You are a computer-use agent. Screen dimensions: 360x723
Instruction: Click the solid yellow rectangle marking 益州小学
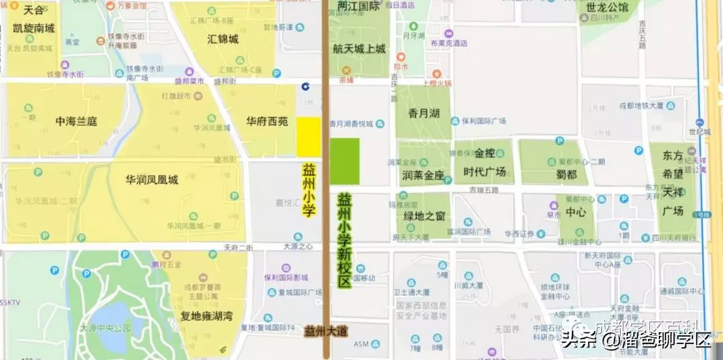tap(309, 137)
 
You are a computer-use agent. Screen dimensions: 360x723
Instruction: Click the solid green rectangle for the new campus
tap(345, 161)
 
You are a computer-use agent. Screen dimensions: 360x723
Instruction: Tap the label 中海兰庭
tap(76, 122)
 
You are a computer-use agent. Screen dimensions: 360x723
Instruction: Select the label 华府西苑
tap(267, 122)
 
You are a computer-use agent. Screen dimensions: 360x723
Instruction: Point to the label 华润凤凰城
tap(152, 181)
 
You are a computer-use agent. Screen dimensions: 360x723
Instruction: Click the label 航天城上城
tap(359, 48)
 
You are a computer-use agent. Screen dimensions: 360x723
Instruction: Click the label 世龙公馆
tap(607, 8)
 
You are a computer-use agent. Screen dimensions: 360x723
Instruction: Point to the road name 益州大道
tap(326, 331)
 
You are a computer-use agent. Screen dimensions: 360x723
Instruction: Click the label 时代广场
tap(483, 171)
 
